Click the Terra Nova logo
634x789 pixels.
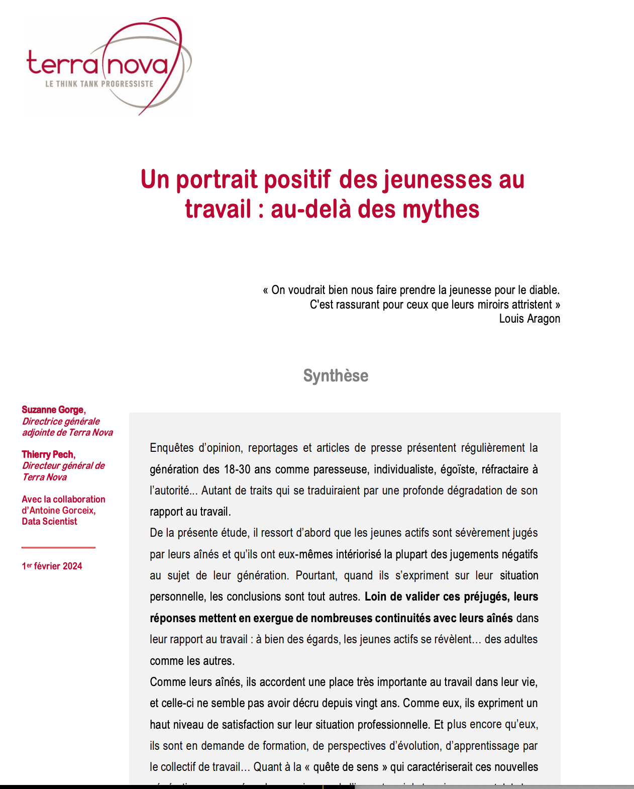click(109, 65)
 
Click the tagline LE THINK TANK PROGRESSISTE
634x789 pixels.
click(99, 84)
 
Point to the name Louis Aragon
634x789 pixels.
click(530, 319)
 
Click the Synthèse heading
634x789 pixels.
click(336, 375)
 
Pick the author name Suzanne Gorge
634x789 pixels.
click(53, 410)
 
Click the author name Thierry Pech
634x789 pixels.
click(48, 454)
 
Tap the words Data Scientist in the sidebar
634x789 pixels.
click(49, 521)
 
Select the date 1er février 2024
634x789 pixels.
click(52, 566)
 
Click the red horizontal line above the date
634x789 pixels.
click(58, 547)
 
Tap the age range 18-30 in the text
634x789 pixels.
click(237, 469)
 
